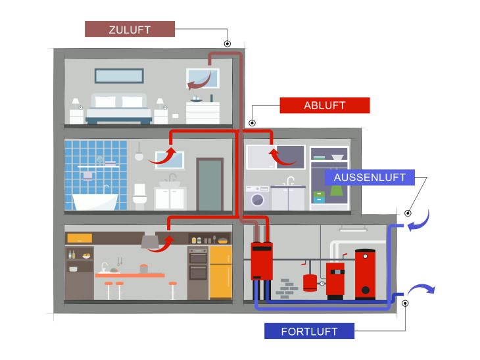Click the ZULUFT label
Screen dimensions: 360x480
click(x=130, y=30)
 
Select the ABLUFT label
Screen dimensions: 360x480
click(x=324, y=105)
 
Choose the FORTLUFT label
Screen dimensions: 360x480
click(x=308, y=331)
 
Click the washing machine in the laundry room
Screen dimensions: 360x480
click(x=257, y=197)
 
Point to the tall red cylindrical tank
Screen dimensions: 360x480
click(x=365, y=272)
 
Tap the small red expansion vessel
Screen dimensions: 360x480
click(x=310, y=281)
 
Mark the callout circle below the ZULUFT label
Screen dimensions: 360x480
click(x=228, y=44)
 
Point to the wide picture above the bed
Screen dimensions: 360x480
click(x=119, y=76)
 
